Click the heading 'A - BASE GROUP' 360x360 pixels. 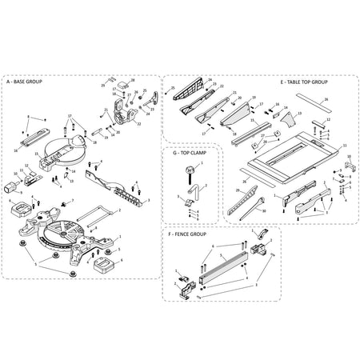click(x=25, y=82)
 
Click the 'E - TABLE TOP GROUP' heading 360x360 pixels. click(x=304, y=82)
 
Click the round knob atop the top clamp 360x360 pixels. click(x=191, y=169)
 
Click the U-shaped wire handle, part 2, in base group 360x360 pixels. click(x=102, y=214)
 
